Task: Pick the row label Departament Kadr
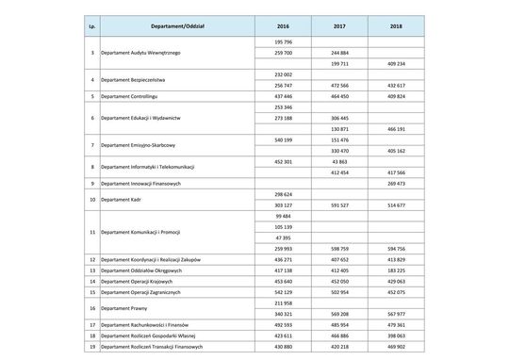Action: click(x=122, y=200)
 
